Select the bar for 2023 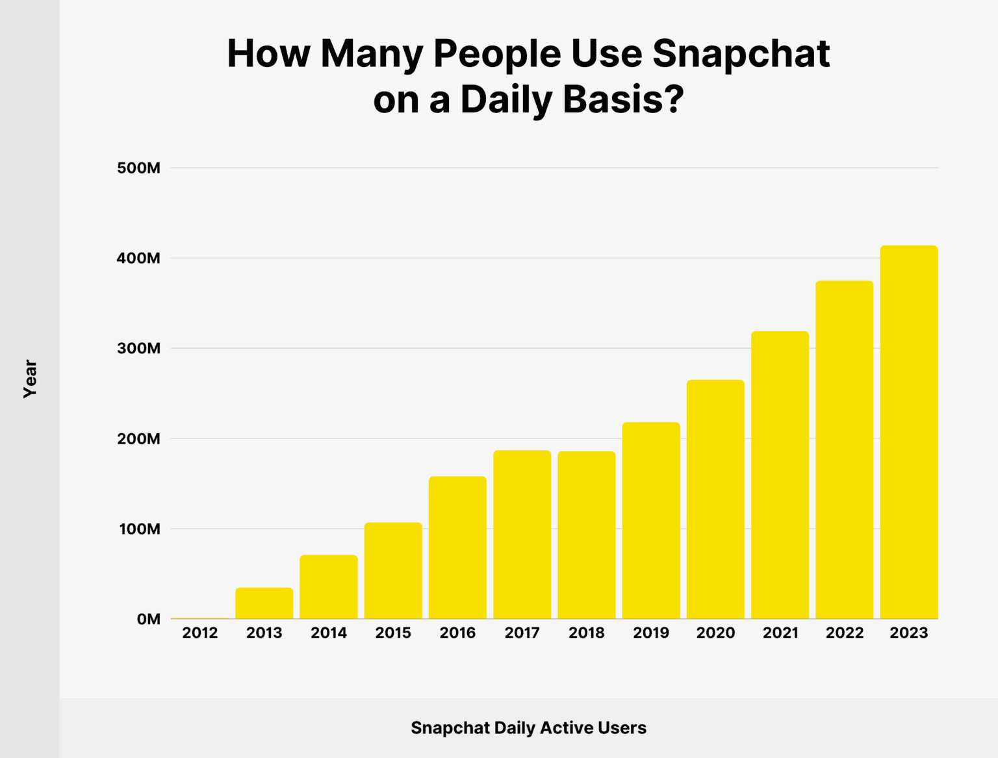click(909, 432)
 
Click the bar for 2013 click(264, 603)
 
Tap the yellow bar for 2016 click(457, 548)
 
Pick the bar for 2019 click(651, 520)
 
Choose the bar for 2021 click(780, 475)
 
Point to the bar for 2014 click(329, 587)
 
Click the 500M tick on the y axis click(138, 168)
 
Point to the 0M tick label click(148, 620)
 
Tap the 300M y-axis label click(138, 349)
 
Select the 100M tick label click(139, 529)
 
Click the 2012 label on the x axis click(199, 633)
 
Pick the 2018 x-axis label click(586, 633)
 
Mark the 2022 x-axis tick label click(844, 633)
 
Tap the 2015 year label click(393, 633)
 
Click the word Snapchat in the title click(741, 54)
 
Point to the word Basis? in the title click(623, 100)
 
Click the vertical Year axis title click(30, 379)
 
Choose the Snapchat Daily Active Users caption click(528, 728)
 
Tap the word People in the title click(497, 54)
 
